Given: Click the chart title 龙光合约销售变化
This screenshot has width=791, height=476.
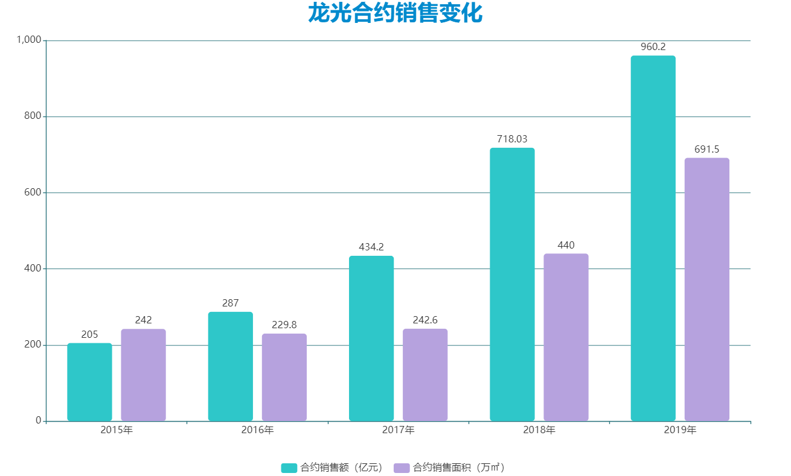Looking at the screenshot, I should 395,13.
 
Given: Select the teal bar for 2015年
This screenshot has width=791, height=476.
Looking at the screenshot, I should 89,382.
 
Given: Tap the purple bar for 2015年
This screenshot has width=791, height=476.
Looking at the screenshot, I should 143,375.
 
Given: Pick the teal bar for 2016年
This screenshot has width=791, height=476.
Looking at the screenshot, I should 230,366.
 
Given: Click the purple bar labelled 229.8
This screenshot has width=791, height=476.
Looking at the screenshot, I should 284,377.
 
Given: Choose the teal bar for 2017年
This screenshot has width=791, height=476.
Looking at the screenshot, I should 371,338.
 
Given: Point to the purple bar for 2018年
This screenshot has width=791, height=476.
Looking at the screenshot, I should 566,337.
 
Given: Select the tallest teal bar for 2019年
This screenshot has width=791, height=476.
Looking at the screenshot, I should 653,238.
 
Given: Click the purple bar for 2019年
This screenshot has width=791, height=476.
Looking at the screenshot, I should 706,290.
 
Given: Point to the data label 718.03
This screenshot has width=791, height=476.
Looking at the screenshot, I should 512,139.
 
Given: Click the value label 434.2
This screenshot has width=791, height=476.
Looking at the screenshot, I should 371,247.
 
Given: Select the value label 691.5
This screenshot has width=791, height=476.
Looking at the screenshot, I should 706,150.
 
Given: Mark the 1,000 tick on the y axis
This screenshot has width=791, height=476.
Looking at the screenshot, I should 28,40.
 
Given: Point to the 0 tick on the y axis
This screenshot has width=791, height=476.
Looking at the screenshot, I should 37,420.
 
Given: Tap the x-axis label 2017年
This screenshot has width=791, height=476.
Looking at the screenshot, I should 398,431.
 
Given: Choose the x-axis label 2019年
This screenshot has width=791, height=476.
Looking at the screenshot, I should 680,431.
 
